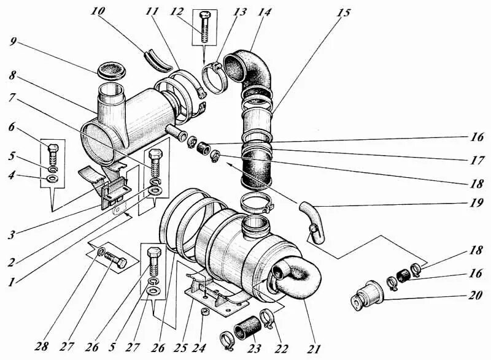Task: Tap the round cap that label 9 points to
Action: click(x=111, y=68)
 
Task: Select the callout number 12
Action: click(x=178, y=12)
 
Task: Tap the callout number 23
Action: click(x=253, y=348)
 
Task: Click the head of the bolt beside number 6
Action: click(x=52, y=148)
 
